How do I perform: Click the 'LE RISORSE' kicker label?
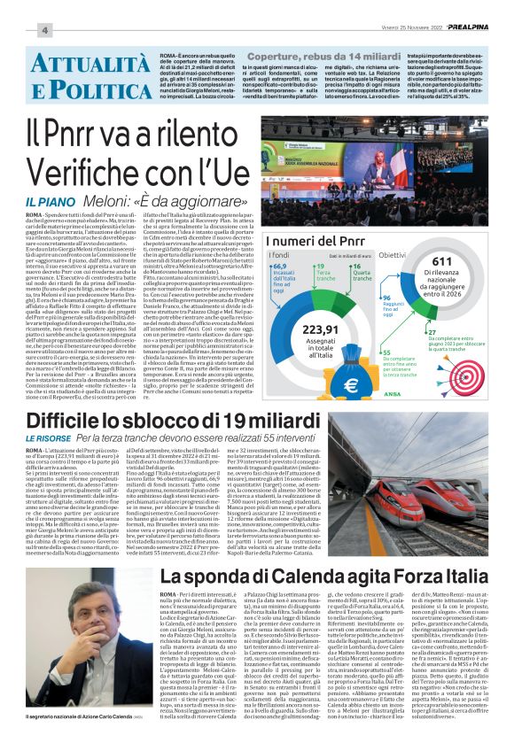point(46,438)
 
